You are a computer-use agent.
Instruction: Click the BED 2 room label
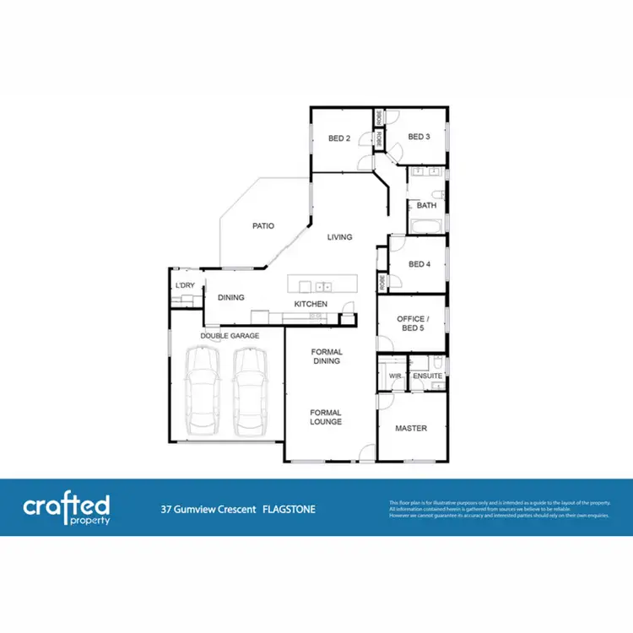pos(338,138)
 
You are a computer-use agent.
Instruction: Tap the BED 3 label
pos(419,137)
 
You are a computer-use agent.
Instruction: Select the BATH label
pos(426,205)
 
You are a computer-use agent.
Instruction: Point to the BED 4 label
pos(419,264)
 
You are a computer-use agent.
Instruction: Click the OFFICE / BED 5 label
pos(410,323)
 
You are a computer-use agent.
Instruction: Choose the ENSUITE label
pos(428,376)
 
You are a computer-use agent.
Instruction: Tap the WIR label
pos(394,376)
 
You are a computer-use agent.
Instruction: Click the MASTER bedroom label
pos(411,428)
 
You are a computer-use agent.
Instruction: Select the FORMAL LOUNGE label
pos(326,417)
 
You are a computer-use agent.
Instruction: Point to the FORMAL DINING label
pos(326,355)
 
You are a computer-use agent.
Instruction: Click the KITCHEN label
pos(310,304)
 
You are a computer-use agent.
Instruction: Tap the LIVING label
pos(340,237)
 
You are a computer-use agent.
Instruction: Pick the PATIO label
pos(262,226)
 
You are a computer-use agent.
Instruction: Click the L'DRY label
pos(185,285)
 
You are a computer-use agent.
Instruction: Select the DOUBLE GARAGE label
pos(230,336)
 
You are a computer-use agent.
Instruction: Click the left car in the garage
pos(202,387)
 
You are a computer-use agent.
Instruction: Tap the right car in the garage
pos(250,387)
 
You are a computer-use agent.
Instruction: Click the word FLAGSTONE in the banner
pos(289,510)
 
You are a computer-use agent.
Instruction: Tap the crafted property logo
pos(67,508)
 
